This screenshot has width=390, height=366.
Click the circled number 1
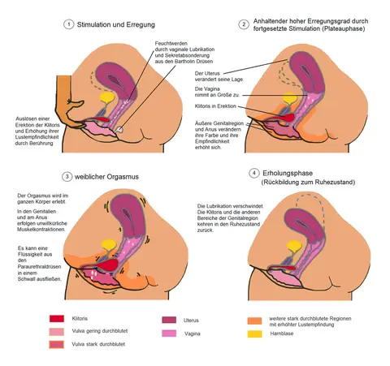[68, 24]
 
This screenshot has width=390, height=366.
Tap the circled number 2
[244, 24]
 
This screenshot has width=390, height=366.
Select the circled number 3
[67, 177]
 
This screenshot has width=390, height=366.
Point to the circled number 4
[253, 173]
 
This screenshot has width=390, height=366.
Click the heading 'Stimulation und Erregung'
[116, 24]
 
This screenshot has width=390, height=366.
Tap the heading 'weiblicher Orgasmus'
[106, 177]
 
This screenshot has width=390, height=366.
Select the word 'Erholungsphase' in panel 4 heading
[288, 174]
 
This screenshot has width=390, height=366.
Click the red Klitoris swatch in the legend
[57, 319]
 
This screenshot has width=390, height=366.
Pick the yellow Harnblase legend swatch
[254, 334]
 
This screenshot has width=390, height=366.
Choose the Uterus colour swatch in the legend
[169, 320]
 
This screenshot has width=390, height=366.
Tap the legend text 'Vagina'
[193, 334]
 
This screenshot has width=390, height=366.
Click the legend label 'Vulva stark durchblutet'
[98, 344]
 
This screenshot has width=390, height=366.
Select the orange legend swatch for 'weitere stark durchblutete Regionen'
[254, 321]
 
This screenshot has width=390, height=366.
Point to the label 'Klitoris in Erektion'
[215, 106]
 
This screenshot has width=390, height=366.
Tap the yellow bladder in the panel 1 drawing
[107, 97]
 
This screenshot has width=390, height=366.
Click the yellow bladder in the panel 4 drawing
[294, 246]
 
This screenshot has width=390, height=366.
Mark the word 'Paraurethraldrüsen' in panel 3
[40, 267]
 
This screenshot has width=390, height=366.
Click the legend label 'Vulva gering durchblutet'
[100, 331]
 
